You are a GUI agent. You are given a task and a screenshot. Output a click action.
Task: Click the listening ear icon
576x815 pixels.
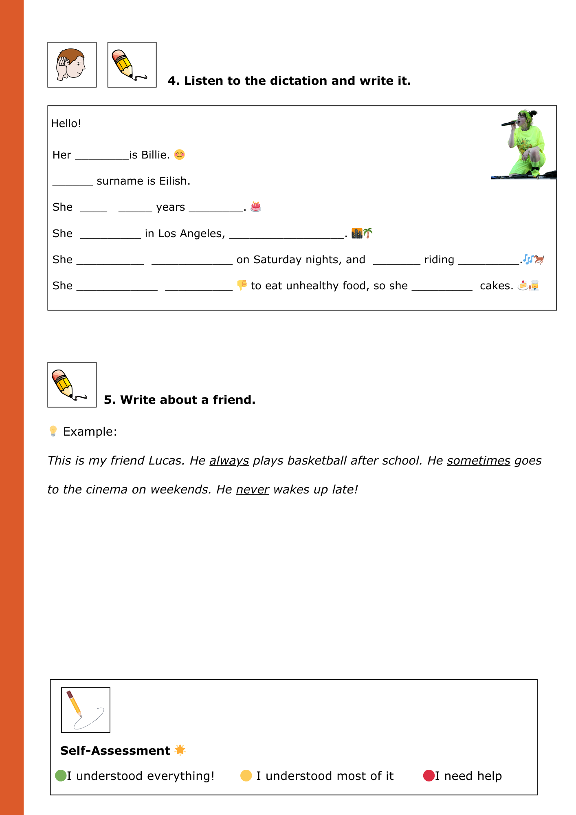coord(72,65)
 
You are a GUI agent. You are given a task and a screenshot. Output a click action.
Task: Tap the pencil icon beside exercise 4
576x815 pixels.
coord(132,65)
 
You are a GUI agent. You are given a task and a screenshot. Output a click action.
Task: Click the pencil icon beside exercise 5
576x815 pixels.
coord(72,384)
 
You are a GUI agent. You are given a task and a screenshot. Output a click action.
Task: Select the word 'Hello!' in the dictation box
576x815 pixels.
coord(66,123)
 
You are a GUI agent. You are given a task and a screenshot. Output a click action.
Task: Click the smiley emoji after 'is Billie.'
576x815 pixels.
coord(179,155)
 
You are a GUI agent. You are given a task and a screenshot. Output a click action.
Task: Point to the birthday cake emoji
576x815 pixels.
coord(256,207)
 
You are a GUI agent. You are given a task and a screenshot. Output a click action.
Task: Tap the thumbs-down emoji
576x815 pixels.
coord(242,285)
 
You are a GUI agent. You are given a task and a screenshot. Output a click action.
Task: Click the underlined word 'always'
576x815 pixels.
coord(229,460)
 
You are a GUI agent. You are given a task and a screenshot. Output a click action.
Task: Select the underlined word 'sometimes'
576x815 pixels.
coord(479,460)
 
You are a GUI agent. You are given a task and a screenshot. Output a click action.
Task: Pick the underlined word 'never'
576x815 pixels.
coord(253,489)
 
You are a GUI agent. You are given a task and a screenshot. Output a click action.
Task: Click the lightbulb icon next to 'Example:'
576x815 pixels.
coord(53,431)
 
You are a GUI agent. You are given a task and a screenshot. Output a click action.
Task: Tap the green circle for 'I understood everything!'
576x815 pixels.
coord(61,775)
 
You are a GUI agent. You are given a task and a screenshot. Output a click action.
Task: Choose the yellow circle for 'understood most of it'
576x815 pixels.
coord(246,775)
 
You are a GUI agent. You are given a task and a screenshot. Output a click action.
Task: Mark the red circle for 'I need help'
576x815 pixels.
coord(429,775)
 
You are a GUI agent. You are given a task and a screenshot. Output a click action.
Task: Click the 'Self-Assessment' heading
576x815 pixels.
coord(115,751)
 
